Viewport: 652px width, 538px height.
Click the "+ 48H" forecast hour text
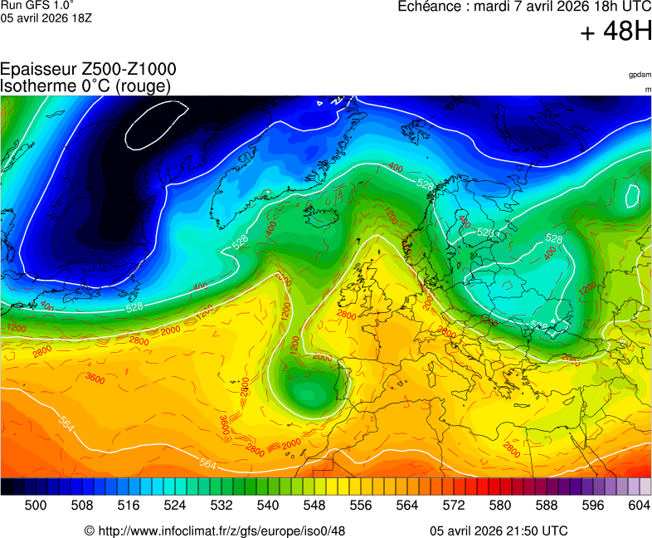coord(616,32)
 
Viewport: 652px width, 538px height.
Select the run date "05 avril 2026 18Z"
coord(46,18)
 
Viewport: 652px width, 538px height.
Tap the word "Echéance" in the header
coord(430,7)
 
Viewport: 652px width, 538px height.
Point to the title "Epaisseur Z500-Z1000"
coord(88,70)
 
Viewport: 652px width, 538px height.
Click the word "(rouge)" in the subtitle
coord(144,86)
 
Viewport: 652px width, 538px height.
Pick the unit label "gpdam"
coord(640,75)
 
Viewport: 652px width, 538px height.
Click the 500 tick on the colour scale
coord(35,504)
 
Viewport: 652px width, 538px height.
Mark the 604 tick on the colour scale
coord(639,504)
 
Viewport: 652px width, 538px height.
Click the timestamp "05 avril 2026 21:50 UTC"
coord(499,531)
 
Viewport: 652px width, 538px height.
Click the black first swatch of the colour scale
coord(7,487)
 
